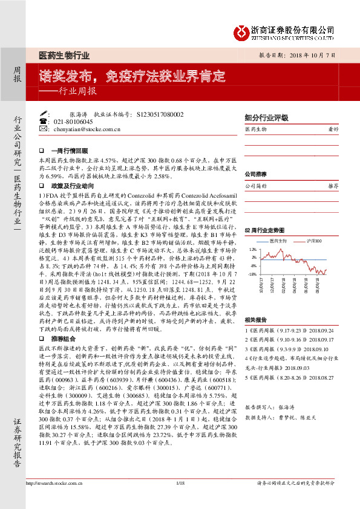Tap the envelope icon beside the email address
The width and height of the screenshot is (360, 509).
(x=43, y=129)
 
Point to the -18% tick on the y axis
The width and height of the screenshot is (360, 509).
(x=252, y=274)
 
